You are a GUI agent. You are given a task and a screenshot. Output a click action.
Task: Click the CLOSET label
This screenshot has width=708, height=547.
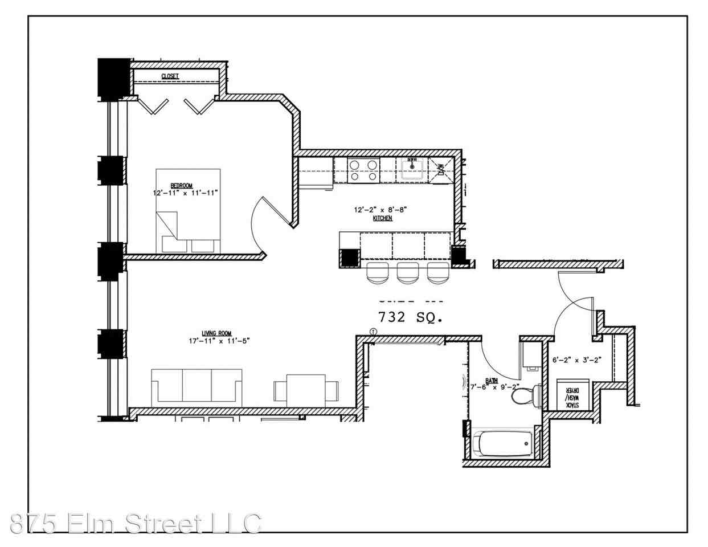click(x=170, y=76)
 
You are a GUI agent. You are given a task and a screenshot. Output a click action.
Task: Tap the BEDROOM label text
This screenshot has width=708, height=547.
click(x=182, y=186)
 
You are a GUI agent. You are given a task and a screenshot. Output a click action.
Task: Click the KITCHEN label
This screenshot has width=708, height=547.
click(x=382, y=218)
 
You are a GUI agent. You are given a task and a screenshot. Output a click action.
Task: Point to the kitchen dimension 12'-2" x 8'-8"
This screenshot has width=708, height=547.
click(x=380, y=210)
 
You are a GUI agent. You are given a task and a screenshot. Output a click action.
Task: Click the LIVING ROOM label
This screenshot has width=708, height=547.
click(x=217, y=333)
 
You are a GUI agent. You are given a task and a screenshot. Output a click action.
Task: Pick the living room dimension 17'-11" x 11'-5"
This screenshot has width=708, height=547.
click(x=218, y=341)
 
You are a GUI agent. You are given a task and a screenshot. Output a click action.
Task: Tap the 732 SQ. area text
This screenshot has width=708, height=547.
click(x=410, y=317)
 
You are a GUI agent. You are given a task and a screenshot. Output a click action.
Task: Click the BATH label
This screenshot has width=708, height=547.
click(x=491, y=380)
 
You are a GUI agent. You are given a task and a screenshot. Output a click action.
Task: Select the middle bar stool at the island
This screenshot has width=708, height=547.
click(x=407, y=273)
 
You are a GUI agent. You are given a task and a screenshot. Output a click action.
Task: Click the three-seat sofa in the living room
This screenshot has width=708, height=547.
click(x=197, y=387)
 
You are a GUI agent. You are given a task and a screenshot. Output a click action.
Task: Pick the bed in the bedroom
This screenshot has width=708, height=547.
click(x=188, y=210)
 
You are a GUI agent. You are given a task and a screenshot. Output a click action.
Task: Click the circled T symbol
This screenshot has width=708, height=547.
click(x=373, y=331)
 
